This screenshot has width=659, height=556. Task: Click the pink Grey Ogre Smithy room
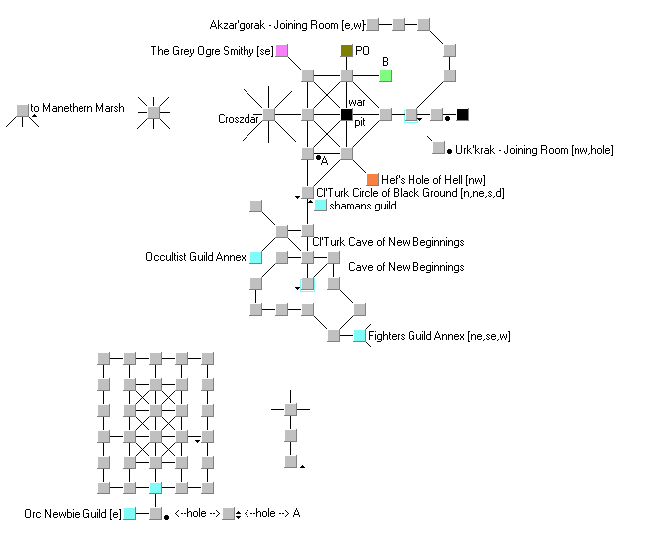pos(282,51)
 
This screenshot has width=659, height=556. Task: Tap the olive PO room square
pos(346,51)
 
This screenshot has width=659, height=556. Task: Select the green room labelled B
pos(385,76)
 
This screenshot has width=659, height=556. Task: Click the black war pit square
pos(346,114)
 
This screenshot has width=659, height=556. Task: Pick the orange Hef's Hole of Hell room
pos(373,180)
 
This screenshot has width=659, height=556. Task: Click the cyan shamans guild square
pos(321,205)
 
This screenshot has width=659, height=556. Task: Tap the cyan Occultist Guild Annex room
pos(256,257)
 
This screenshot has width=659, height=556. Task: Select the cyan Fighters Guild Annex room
pos(360,336)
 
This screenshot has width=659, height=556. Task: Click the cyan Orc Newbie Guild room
pos(130,513)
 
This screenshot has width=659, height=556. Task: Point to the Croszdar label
pos(238,119)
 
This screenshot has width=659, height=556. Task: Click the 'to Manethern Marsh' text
pos(78,108)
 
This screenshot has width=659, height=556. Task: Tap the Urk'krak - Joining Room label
pos(535,150)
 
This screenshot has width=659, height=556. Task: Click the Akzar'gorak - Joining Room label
pos(287,25)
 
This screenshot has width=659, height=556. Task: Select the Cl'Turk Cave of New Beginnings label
pos(389,242)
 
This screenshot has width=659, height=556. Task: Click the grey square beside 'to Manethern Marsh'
pos(23,111)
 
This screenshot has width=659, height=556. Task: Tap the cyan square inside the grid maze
pos(155,487)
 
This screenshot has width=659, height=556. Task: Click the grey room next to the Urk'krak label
pos(438,147)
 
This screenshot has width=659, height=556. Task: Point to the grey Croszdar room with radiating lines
pos(269,114)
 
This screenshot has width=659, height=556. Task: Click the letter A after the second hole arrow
pos(297,513)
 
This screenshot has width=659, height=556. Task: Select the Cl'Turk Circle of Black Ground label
pos(411,193)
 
